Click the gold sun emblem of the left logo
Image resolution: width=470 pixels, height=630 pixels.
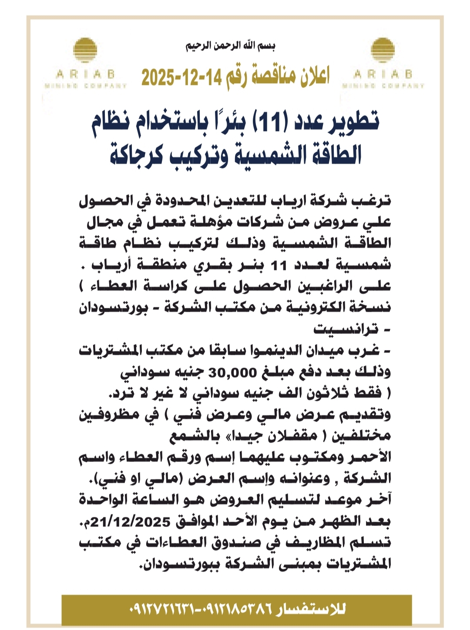(85, 50)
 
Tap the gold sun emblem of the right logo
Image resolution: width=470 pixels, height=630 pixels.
(383, 50)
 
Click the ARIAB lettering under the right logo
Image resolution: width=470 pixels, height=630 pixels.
(383, 74)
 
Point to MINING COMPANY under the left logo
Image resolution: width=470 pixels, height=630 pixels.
(85, 86)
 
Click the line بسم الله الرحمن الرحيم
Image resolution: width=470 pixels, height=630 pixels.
(231, 46)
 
